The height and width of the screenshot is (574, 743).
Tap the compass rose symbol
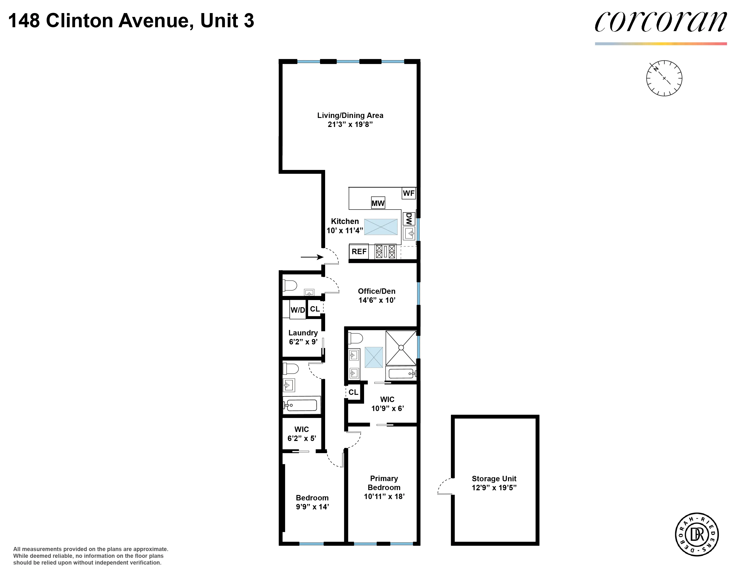pos(664,78)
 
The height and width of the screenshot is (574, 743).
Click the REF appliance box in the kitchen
pos(359,252)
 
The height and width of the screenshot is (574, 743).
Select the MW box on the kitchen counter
pos(378,203)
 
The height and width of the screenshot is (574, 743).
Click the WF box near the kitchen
pos(409,193)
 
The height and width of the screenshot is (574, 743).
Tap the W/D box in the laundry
pos(298,310)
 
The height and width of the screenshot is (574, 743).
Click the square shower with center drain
pos(401,348)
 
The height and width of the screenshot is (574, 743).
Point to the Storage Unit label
pos(494,479)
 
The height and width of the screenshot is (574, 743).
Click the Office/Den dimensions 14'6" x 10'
pos(377,300)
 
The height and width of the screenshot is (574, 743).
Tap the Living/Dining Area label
pos(350,115)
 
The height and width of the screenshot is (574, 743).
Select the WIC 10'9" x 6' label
pos(387,404)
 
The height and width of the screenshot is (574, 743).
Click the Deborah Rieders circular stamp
pos(697,535)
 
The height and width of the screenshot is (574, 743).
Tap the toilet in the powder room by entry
pos(290,285)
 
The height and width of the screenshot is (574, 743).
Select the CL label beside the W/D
pos(315,309)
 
